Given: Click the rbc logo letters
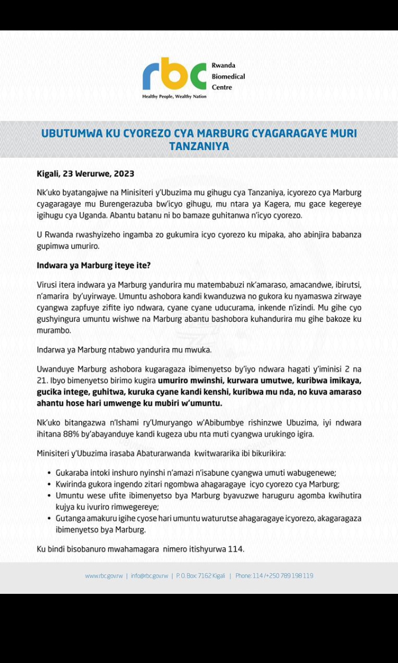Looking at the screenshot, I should click(174, 75).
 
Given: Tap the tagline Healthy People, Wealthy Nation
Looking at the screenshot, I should click(174, 96).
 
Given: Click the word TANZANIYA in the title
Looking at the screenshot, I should click(199, 147).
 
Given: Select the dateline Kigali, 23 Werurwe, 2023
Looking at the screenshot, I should click(85, 173).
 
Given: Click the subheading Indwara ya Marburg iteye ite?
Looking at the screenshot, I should click(93, 266).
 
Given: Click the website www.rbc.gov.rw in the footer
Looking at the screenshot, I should click(104, 576).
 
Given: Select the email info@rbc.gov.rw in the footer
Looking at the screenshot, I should click(149, 576).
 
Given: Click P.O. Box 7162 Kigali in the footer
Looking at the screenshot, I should click(201, 576).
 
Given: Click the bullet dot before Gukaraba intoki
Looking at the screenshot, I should click(49, 473).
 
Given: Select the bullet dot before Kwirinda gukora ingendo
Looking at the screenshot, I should click(49, 484).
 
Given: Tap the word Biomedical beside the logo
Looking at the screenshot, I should click(228, 76).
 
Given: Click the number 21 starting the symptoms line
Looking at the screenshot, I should click(41, 381).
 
